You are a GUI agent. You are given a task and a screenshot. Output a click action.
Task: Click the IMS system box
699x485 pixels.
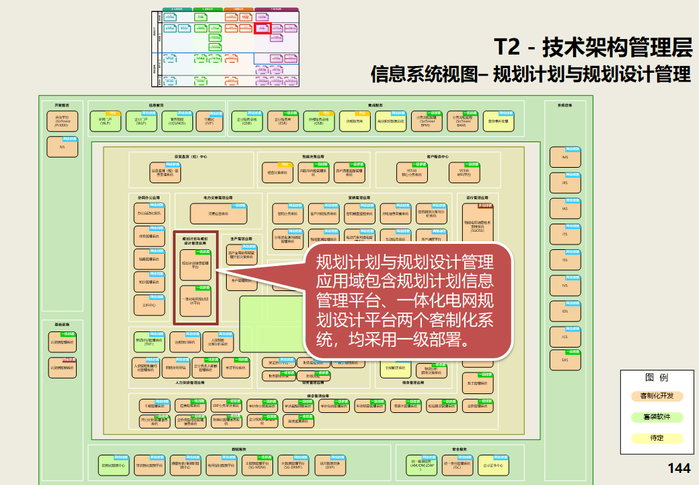(564, 157)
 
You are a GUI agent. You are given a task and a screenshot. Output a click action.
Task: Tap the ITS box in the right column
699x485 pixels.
(564, 234)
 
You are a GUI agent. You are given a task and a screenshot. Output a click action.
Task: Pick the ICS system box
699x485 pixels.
(564, 336)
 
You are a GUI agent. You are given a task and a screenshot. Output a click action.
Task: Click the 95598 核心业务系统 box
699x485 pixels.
(412, 172)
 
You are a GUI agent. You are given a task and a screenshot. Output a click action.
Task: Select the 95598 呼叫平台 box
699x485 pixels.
(464, 172)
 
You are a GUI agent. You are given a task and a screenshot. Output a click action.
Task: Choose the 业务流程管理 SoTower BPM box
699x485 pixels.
(425, 121)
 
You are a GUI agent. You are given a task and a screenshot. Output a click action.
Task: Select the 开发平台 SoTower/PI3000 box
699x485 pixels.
(62, 121)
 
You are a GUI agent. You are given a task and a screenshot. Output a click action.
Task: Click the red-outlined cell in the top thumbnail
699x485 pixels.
(262, 28)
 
